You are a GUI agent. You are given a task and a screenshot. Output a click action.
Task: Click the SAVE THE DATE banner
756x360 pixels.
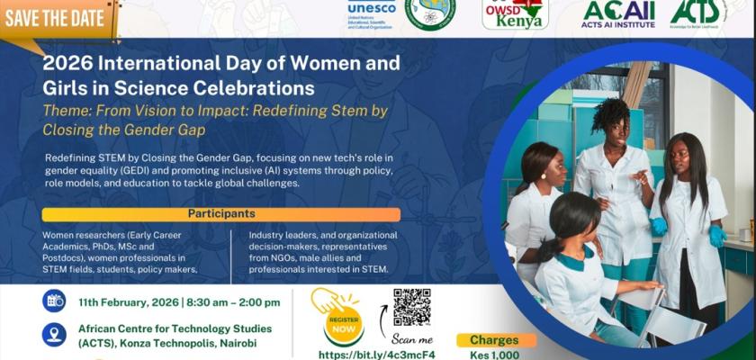(x=56, y=17)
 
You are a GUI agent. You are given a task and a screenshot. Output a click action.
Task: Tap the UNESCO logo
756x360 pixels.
(x=372, y=13)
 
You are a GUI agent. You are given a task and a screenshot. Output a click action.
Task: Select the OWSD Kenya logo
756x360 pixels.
(x=515, y=14)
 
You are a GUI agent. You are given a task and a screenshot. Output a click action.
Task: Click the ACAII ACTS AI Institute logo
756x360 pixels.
(x=618, y=13)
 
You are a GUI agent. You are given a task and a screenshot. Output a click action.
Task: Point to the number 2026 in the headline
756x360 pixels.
(x=68, y=65)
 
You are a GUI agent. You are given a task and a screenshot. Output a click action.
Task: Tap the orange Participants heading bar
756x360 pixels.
(x=221, y=214)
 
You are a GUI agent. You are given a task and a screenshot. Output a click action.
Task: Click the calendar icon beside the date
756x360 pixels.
(x=54, y=301)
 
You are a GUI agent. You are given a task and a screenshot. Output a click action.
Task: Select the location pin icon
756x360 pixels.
(x=54, y=335)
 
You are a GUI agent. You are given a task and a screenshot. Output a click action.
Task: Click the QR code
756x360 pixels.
(x=412, y=308)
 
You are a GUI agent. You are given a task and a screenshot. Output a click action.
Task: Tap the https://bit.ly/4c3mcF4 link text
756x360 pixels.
(x=377, y=355)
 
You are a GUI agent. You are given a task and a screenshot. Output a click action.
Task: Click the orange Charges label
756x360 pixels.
(x=494, y=340)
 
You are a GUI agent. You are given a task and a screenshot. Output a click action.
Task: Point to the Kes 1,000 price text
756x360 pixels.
(x=494, y=355)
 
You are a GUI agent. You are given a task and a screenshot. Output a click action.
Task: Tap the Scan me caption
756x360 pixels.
(x=412, y=339)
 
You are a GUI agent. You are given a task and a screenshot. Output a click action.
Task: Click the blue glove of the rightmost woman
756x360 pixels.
(x=717, y=236)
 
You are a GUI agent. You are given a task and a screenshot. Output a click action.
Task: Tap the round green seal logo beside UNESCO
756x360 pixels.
(x=430, y=13)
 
